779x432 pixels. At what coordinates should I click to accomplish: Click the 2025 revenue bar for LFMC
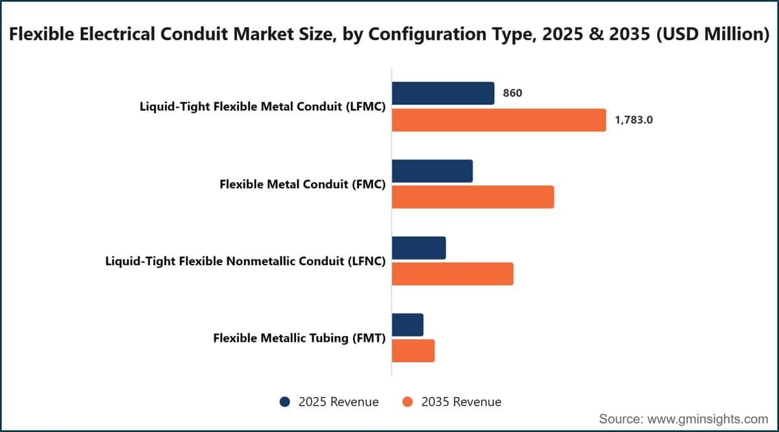[x=443, y=93]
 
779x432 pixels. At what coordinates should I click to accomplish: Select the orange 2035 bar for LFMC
[x=499, y=120]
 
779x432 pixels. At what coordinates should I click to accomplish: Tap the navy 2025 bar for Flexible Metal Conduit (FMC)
[x=432, y=171]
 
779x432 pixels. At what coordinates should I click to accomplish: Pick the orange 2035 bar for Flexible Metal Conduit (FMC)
[x=473, y=197]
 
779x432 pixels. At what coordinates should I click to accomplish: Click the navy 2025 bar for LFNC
[x=419, y=248]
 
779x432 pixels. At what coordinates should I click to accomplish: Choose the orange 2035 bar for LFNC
[x=452, y=274]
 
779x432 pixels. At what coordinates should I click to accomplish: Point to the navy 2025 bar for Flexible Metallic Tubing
[x=408, y=324]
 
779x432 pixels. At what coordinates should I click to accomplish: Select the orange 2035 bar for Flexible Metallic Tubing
[x=413, y=351]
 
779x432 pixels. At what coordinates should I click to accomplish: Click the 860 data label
[x=512, y=93]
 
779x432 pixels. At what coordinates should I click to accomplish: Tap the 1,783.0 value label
[x=634, y=120]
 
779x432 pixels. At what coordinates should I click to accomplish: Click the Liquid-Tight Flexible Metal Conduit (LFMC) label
[x=262, y=106]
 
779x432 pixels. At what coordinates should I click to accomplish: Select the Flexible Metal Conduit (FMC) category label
[x=303, y=184]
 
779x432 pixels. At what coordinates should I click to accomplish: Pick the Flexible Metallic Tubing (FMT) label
[x=299, y=338]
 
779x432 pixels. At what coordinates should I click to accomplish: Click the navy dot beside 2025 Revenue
[x=285, y=402]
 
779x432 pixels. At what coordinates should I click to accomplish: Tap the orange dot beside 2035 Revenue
[x=407, y=402]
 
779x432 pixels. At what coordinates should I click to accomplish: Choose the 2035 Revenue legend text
[x=461, y=402]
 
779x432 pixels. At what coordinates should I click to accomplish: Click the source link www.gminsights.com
[x=708, y=419]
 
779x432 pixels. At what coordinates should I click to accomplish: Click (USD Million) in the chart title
[x=713, y=34]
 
